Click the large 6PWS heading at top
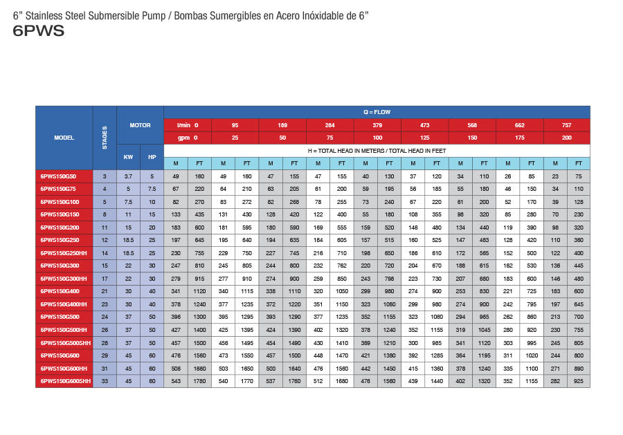[x=39, y=31]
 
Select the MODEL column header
[x=64, y=138]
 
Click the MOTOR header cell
[x=140, y=125]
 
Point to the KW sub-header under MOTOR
[x=128, y=157]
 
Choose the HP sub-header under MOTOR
[x=152, y=157]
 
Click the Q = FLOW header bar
[x=377, y=111]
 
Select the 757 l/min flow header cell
[x=566, y=125]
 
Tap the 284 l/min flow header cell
[x=329, y=125]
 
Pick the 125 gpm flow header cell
[x=424, y=138]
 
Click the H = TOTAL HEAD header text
[x=377, y=150]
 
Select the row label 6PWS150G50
[x=60, y=176]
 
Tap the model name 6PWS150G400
[x=60, y=292]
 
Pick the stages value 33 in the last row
[x=105, y=381]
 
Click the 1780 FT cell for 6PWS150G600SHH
[x=199, y=381]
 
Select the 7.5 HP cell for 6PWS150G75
[x=152, y=189]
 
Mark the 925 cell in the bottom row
[x=578, y=381]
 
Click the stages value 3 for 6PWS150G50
[x=105, y=176]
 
